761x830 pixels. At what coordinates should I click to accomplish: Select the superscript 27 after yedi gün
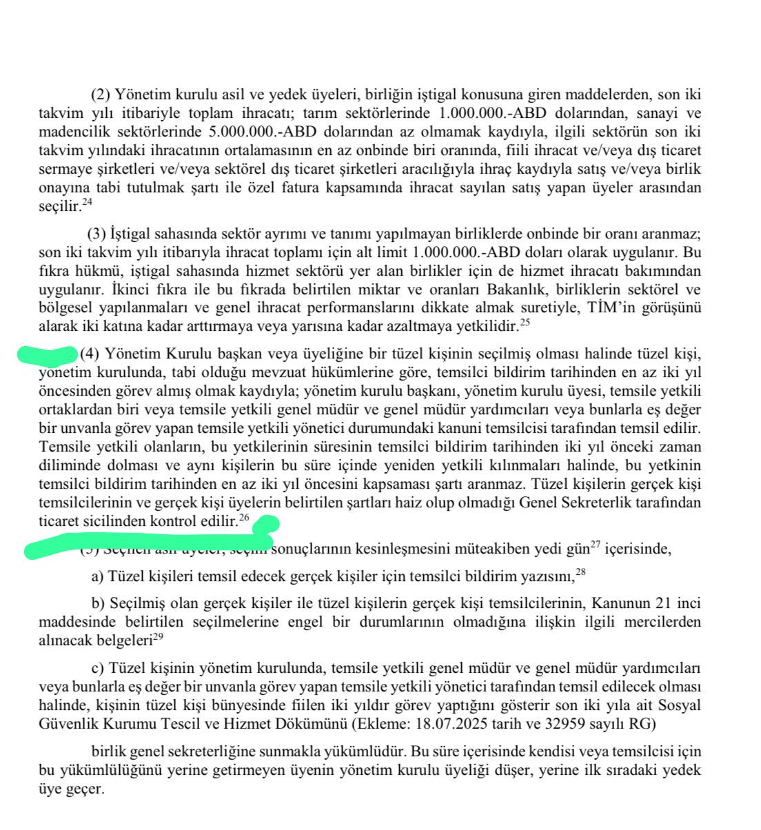coord(596,546)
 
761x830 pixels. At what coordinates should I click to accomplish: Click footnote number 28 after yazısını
coord(580,572)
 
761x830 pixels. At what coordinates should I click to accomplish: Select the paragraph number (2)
coord(101,95)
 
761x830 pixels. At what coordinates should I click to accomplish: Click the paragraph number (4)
coord(90,354)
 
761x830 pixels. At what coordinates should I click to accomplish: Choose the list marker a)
coord(97,576)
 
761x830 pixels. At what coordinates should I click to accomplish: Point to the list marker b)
coord(98,603)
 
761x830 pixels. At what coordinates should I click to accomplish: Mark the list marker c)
coord(97,668)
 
